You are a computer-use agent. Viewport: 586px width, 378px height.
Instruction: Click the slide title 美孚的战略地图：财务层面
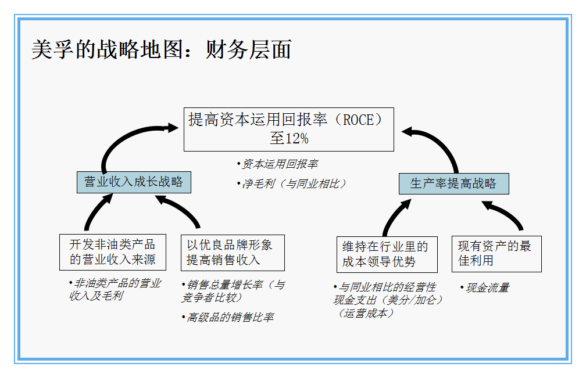coord(161,51)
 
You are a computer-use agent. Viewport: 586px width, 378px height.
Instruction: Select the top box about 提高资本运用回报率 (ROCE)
coord(289,129)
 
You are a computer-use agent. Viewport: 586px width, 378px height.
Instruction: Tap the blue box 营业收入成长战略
coord(134,182)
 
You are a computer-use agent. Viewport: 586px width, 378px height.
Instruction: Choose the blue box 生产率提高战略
coord(453,183)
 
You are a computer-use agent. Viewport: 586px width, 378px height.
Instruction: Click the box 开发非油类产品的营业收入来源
coord(112,252)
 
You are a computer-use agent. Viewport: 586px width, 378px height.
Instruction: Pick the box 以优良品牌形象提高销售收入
coord(233,253)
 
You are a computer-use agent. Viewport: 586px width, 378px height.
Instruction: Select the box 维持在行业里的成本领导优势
coord(387,254)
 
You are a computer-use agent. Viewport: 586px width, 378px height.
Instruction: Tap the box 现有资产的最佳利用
coord(496,254)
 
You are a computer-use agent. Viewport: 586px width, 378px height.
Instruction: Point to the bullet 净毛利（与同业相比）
coord(294,183)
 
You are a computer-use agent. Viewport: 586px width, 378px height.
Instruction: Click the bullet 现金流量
coord(487,287)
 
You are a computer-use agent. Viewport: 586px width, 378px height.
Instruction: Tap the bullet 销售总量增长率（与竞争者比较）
coord(233,291)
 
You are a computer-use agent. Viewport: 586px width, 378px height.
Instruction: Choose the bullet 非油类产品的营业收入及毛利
coord(115,290)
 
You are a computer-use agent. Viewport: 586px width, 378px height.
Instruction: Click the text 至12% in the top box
coord(289,139)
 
